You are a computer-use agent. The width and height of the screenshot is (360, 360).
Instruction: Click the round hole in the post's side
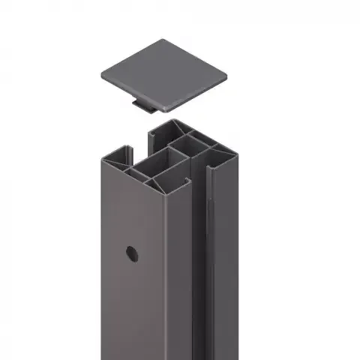coord(132,253)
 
